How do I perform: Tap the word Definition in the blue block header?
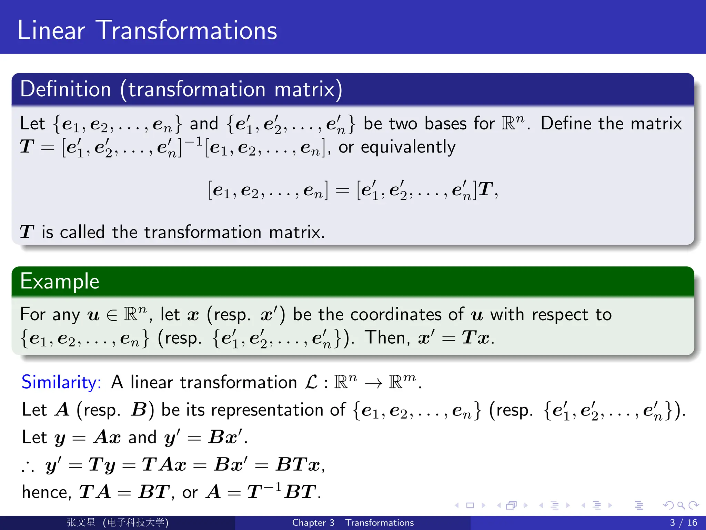[x=65, y=89]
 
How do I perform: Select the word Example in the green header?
[x=60, y=281]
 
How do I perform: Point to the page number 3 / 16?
[x=683, y=522]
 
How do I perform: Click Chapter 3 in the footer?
[x=313, y=522]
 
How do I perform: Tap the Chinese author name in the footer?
[x=81, y=522]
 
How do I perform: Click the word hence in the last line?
[x=46, y=492]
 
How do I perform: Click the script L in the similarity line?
[x=311, y=382]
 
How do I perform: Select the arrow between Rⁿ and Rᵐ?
[x=373, y=383]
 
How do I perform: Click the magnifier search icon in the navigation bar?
[x=681, y=506]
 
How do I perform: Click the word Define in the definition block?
[x=565, y=124]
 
